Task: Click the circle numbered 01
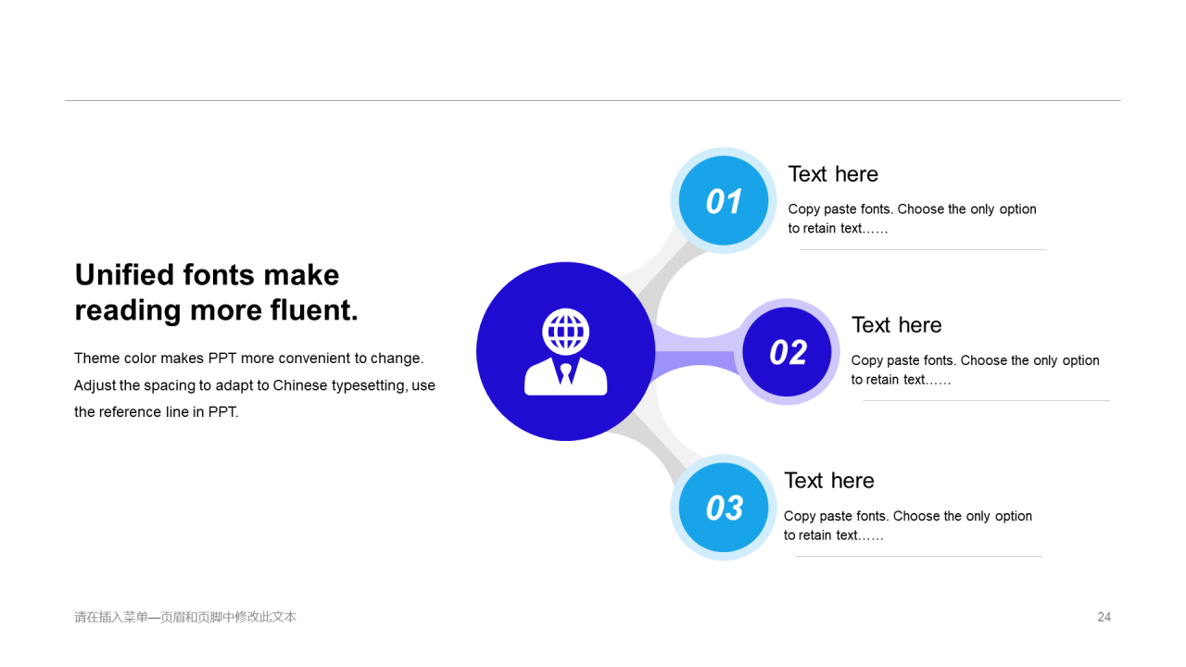click(x=724, y=201)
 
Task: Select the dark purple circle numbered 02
click(x=787, y=351)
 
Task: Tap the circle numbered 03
click(x=724, y=507)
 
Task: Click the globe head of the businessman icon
click(x=565, y=332)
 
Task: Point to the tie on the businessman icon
click(x=565, y=373)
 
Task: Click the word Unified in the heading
click(x=124, y=275)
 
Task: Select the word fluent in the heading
click(x=314, y=309)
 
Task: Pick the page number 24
click(x=1104, y=617)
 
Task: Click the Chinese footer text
click(x=185, y=617)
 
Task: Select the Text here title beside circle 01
click(x=833, y=174)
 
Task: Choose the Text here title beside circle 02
click(x=896, y=325)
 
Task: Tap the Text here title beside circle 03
click(x=828, y=481)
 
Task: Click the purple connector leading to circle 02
click(x=699, y=351)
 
